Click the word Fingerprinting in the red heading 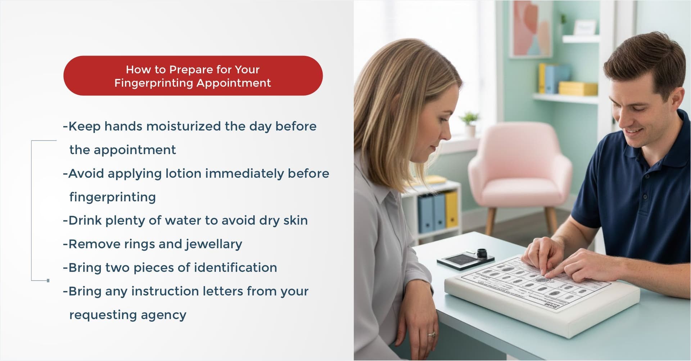[x=154, y=84]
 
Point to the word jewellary [x=214, y=245]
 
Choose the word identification [x=235, y=268]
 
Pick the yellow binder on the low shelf [x=452, y=209]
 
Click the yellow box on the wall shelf [x=578, y=89]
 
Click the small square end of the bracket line [x=48, y=280]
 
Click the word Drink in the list [x=85, y=220]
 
